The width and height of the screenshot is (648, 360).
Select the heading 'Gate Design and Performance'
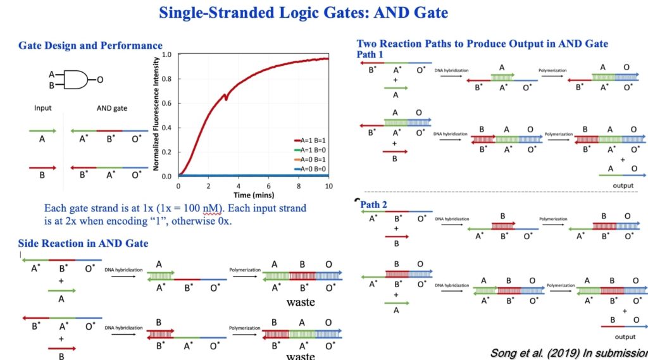point(90,46)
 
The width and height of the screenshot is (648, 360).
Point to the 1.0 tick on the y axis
point(166,55)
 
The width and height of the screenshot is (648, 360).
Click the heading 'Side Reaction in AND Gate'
point(83,244)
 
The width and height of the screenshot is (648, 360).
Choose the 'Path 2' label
point(374,204)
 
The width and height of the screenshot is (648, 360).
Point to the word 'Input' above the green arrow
point(42,108)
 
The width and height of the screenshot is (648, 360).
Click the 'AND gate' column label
point(112,108)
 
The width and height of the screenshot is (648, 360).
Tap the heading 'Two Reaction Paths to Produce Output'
point(482,44)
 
